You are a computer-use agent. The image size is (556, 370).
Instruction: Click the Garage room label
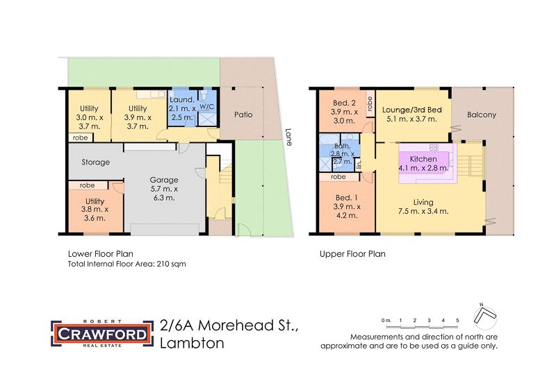click(164, 180)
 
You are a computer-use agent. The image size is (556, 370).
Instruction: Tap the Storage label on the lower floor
click(96, 162)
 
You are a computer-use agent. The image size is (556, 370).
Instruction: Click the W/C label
click(207, 108)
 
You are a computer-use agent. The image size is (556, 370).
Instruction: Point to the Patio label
click(243, 115)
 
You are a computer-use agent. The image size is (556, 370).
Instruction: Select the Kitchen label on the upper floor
click(423, 159)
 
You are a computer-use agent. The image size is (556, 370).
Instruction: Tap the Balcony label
click(482, 115)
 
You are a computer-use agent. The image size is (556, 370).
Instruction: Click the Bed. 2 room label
click(345, 103)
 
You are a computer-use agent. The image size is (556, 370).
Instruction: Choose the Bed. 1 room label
click(345, 197)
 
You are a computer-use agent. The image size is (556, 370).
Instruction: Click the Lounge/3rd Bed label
click(411, 110)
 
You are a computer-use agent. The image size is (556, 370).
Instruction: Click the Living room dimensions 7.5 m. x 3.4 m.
click(423, 211)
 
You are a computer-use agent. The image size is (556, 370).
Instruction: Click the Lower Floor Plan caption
click(100, 254)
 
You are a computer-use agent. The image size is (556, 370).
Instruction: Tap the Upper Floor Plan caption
click(352, 254)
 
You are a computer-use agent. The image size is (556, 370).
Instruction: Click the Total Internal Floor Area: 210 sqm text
click(126, 264)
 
